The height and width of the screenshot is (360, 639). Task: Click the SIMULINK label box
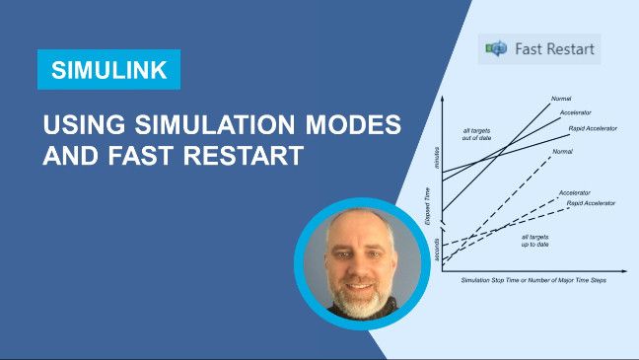108,70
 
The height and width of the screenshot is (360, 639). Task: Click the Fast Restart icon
496,48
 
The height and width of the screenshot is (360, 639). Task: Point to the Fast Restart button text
556,48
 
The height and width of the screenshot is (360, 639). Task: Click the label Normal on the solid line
559,99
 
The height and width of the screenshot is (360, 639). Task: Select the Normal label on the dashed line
562,151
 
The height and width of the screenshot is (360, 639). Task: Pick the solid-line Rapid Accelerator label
591,129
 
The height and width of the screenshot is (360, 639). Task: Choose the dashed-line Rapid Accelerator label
591,202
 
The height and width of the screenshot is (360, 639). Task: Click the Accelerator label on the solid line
575,112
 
